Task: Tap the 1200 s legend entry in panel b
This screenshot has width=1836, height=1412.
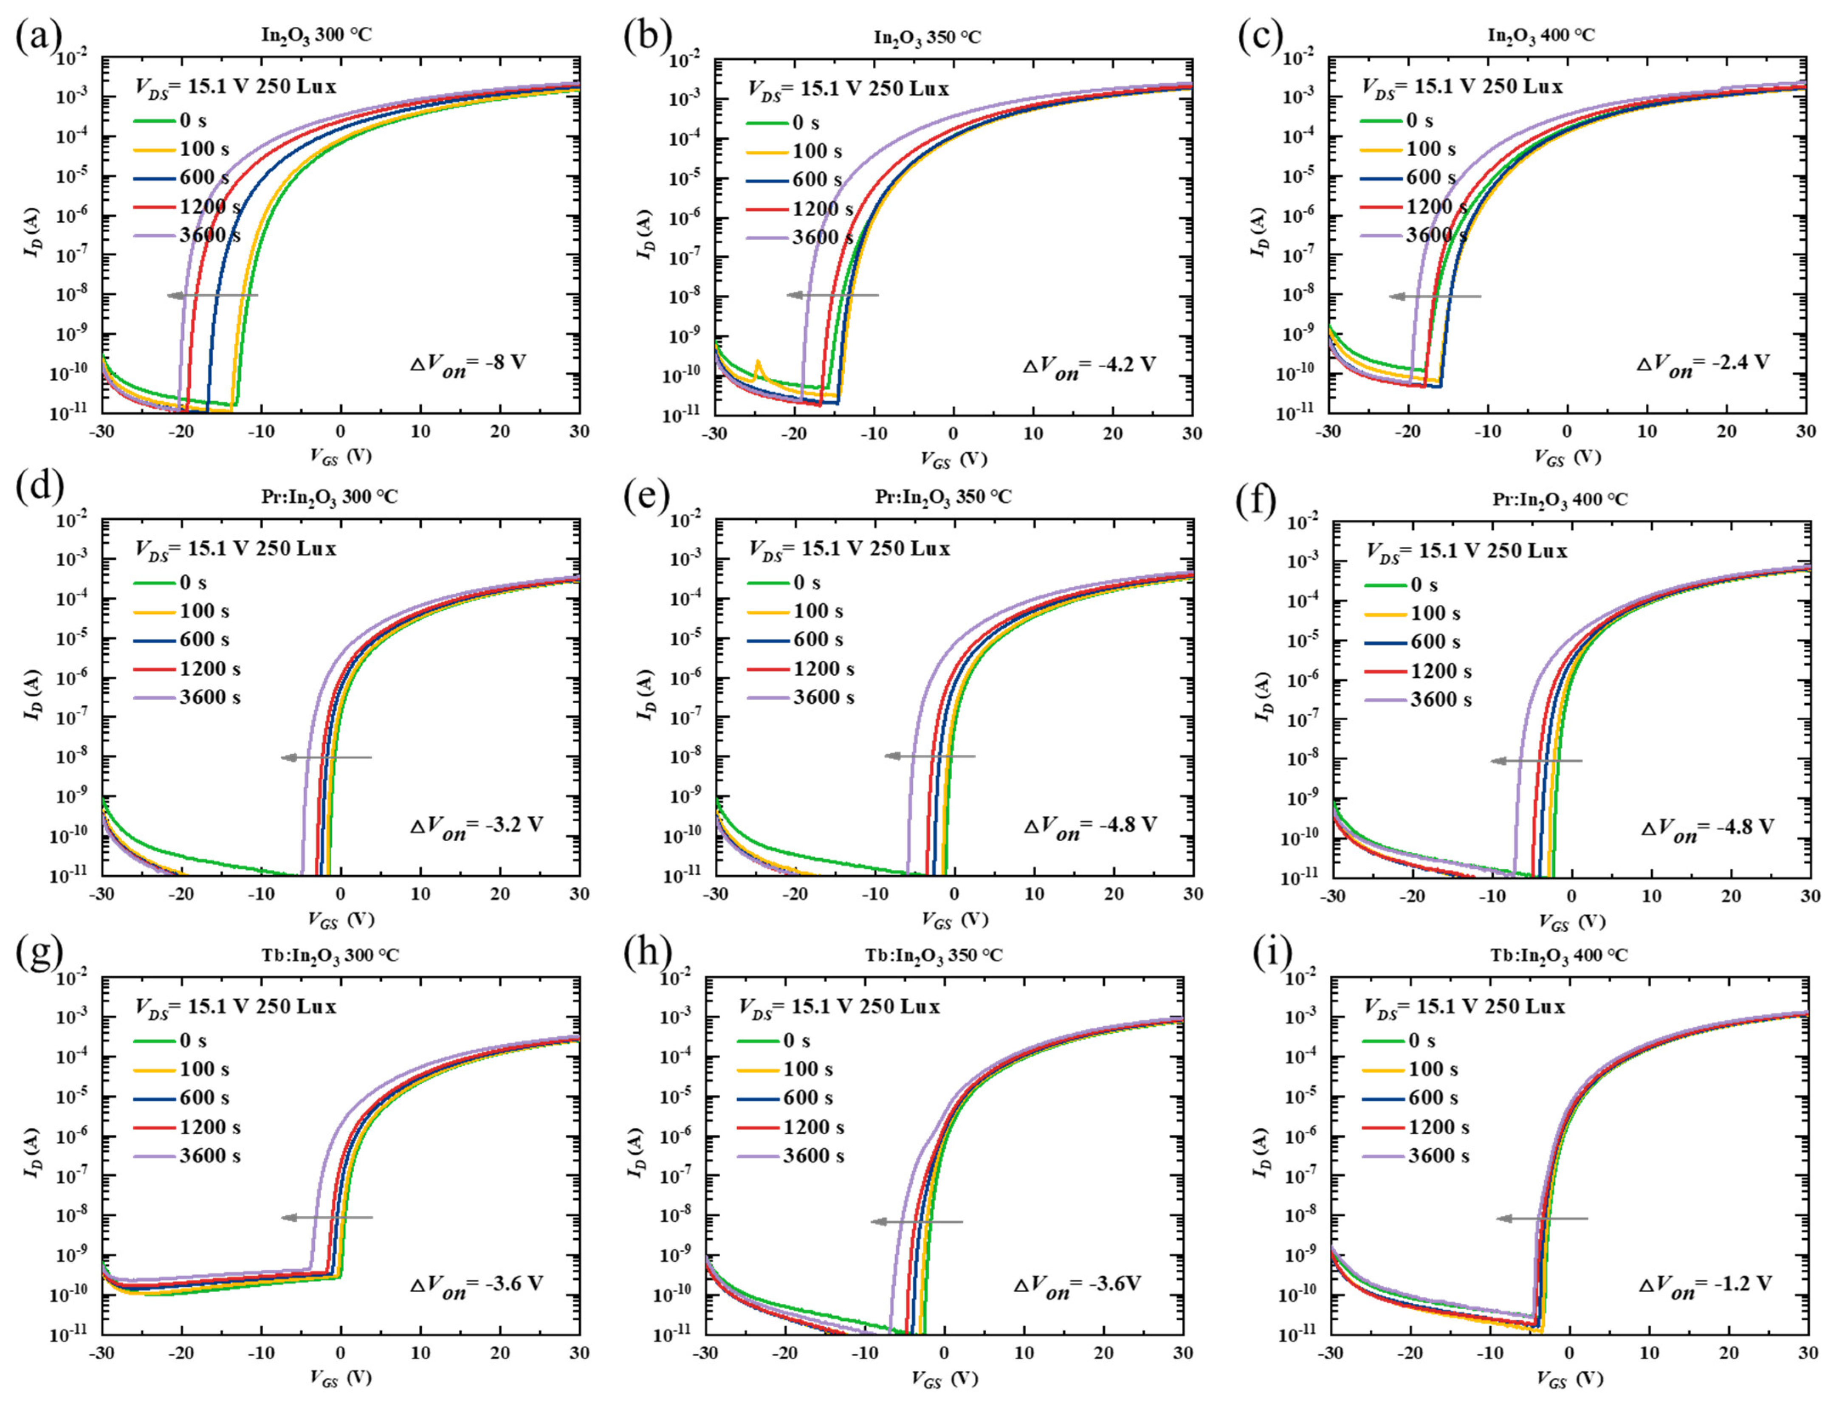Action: [822, 209]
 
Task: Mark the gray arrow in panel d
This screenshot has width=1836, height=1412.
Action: [326, 757]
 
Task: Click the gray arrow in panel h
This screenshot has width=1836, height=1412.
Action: [917, 1221]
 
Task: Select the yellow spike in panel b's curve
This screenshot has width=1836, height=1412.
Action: [758, 366]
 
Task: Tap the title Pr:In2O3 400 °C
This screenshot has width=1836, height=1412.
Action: [1560, 499]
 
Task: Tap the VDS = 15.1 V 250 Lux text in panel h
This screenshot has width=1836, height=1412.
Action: [839, 1007]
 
